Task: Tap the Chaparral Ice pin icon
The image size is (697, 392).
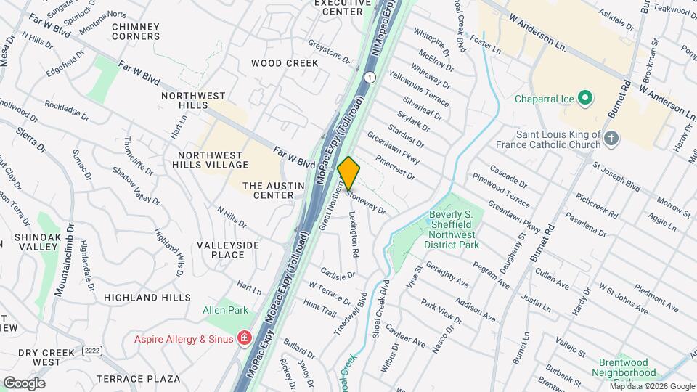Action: click(x=587, y=98)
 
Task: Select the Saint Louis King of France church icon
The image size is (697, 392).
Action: click(x=611, y=139)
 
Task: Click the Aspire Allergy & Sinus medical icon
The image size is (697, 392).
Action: click(x=245, y=339)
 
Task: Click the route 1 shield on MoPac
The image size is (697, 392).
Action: click(x=370, y=76)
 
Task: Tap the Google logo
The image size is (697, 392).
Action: click(x=24, y=383)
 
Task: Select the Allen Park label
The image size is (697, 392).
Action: click(x=225, y=311)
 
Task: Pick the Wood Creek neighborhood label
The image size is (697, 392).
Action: click(x=285, y=63)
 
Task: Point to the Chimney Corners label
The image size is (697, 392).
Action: click(x=136, y=31)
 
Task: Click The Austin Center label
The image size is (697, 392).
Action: click(x=268, y=190)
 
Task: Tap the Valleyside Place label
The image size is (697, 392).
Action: click(x=235, y=250)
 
